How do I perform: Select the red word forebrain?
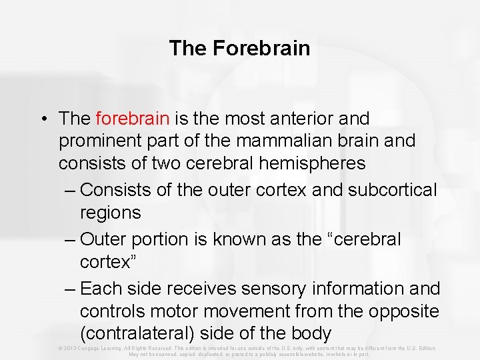[x=133, y=119]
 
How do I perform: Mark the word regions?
[x=111, y=213]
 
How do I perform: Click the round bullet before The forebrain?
[x=43, y=119]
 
